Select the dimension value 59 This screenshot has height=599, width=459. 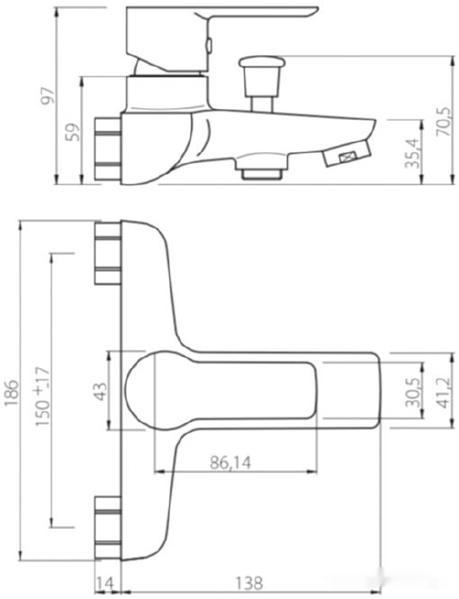point(74,131)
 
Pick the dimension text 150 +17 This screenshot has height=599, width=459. point(40,392)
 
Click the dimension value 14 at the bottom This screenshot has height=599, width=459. point(105,584)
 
